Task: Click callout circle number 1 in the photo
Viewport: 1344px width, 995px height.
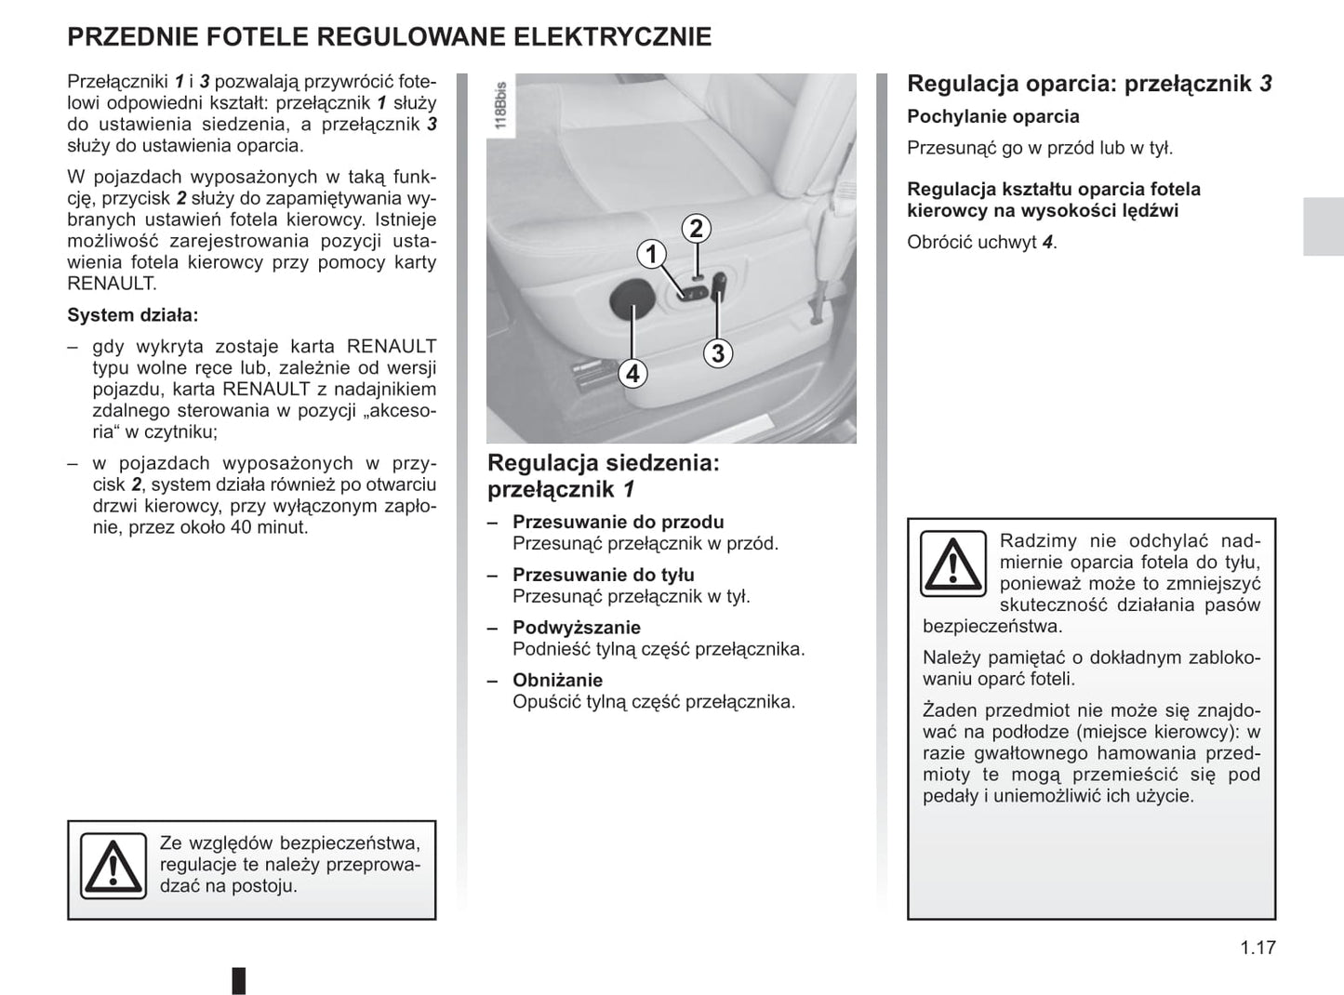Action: (x=651, y=253)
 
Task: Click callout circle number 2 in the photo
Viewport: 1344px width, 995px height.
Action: (x=696, y=228)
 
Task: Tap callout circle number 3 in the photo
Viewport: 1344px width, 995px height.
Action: (x=717, y=353)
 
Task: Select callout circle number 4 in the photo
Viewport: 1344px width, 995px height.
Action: (x=632, y=373)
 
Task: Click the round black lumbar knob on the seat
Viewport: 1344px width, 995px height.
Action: (x=631, y=299)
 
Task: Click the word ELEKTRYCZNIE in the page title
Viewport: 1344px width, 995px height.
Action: (x=613, y=37)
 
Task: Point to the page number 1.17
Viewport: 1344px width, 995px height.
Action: (x=1258, y=948)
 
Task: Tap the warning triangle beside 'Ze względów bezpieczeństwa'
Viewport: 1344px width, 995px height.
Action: (x=113, y=866)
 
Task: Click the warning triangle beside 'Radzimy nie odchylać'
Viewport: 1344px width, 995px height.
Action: (x=952, y=564)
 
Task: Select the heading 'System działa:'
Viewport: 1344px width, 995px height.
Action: (x=133, y=315)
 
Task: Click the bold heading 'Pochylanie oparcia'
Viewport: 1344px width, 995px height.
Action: (x=993, y=117)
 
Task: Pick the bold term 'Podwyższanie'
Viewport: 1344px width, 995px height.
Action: (x=577, y=628)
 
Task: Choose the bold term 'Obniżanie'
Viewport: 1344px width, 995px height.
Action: (x=558, y=681)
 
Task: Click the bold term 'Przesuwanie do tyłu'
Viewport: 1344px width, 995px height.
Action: (x=604, y=576)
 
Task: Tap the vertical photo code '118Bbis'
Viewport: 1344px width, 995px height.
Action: (x=500, y=105)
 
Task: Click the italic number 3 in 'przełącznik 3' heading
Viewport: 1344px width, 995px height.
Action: (x=1266, y=84)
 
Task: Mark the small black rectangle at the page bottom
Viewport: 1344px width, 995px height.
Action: (x=239, y=980)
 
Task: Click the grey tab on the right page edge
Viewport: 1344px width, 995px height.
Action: (x=1323, y=227)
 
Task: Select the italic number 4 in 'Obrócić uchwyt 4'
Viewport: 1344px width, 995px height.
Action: (x=1047, y=243)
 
